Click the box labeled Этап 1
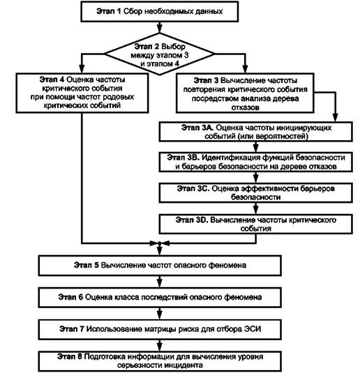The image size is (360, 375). click(159, 11)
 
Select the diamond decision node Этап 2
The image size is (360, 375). click(159, 54)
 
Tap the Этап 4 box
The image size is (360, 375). click(82, 93)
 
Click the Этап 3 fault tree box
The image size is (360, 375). click(245, 93)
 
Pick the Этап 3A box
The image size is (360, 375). click(255, 132)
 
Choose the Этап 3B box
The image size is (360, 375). click(255, 162)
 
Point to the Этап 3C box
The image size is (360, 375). click(255, 193)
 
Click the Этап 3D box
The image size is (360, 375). click(255, 224)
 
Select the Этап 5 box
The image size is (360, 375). click(160, 266)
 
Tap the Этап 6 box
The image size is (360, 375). click(160, 298)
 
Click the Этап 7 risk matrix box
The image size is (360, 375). click(160, 329)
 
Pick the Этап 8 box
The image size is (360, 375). click(160, 361)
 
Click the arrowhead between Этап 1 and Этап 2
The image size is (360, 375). click(159, 29)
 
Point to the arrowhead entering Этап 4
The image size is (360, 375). click(82, 68)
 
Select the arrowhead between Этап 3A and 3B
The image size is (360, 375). click(255, 148)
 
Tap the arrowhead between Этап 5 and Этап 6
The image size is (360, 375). click(160, 283)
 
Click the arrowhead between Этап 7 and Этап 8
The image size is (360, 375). click(160, 347)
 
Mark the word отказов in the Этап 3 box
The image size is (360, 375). click(245, 107)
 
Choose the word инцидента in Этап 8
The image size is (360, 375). click(183, 365)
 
